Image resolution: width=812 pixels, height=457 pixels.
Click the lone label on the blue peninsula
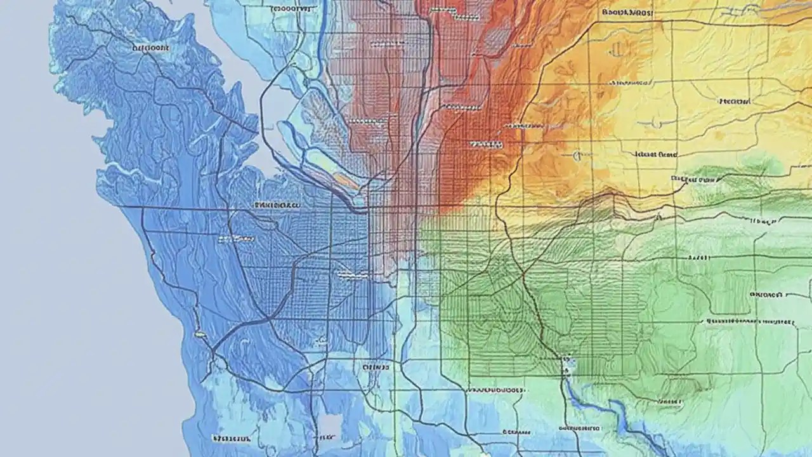point(150,47)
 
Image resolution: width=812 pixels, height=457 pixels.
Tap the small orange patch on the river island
point(346,182)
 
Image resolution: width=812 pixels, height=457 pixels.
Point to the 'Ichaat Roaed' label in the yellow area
point(656,154)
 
